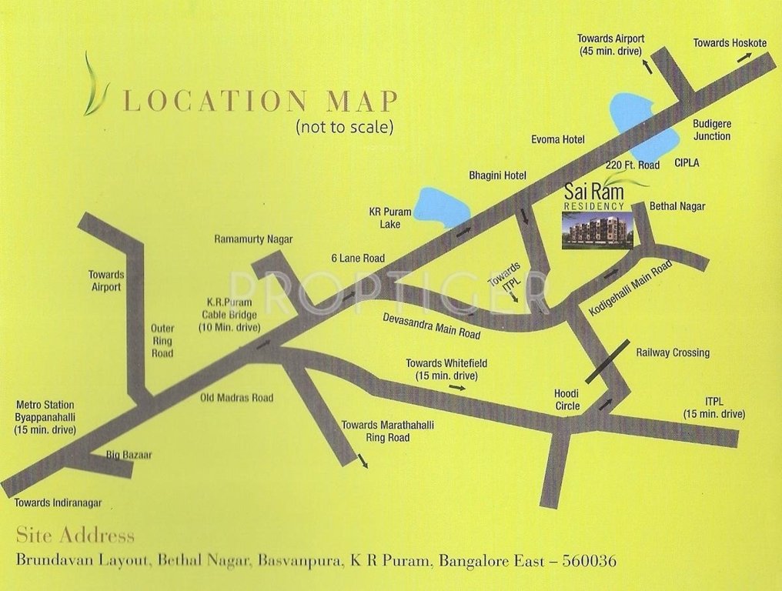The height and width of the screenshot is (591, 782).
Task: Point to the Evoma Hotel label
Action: point(558,139)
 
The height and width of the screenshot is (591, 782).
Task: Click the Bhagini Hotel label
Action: point(497,175)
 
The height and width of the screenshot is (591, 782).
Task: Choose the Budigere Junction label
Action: point(711,130)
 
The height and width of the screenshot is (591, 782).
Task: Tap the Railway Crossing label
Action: point(673,352)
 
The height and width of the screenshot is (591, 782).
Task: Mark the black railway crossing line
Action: point(607,361)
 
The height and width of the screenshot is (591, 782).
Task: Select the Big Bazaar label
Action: point(129,455)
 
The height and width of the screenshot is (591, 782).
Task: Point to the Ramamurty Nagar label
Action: point(253,239)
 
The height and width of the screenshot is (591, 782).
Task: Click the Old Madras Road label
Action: point(236,398)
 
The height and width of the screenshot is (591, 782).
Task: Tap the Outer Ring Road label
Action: point(162,341)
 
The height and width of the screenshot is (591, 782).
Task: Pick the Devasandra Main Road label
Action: point(432,326)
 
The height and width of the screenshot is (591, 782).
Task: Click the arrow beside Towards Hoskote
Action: point(745,57)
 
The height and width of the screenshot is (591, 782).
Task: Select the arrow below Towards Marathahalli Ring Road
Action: point(362,462)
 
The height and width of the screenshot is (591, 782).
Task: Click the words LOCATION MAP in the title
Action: point(261,102)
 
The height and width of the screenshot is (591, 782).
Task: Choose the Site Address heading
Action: point(75,536)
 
